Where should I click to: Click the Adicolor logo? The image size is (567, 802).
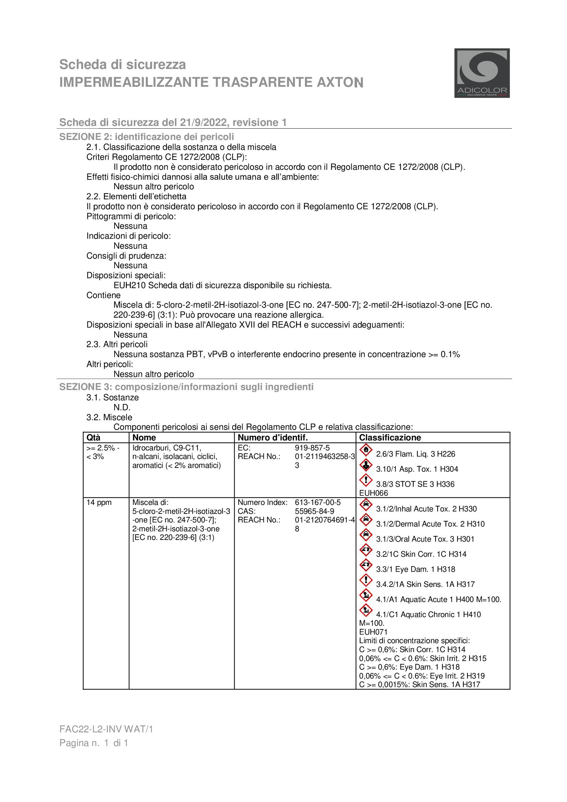(x=481, y=73)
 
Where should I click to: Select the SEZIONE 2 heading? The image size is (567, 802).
(x=146, y=137)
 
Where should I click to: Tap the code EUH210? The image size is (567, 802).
(x=130, y=285)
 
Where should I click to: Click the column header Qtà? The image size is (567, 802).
(x=93, y=438)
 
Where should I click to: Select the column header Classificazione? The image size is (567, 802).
(x=390, y=438)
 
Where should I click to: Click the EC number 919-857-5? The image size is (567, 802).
(x=312, y=448)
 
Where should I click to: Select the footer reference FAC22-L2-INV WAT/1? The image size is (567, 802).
(x=106, y=729)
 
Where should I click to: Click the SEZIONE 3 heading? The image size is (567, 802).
(x=186, y=387)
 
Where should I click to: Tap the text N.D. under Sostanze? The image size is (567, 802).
(x=121, y=407)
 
